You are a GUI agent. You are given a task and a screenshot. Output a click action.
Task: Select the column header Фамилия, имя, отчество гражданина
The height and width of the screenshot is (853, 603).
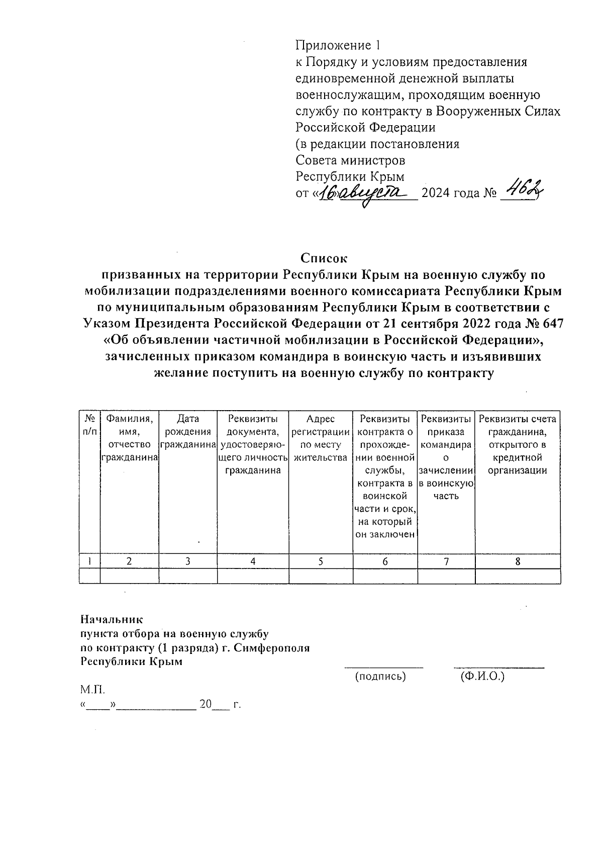(129, 438)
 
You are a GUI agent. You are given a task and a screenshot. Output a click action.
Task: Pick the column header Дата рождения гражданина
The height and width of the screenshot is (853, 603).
(188, 431)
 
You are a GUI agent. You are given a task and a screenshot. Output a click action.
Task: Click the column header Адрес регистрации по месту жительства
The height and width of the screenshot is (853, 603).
(321, 438)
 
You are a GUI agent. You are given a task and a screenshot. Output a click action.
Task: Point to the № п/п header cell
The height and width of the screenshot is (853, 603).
(89, 425)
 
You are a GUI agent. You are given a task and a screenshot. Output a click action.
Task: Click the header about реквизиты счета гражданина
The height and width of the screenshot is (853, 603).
(518, 444)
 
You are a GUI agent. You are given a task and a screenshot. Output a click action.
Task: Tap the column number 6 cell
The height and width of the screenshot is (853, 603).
(385, 562)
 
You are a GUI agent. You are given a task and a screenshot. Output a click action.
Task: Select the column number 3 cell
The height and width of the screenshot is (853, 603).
(187, 562)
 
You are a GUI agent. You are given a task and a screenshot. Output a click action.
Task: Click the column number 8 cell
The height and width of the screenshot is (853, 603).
(518, 562)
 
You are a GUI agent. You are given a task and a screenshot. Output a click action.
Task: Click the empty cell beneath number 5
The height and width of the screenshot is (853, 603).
(321, 576)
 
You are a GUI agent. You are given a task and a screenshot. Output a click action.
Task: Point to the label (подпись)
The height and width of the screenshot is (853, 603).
(380, 677)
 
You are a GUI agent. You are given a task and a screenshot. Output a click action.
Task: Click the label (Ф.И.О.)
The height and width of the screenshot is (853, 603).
(482, 677)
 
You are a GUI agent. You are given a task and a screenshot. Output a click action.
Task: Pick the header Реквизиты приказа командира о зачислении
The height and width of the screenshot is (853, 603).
(446, 457)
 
